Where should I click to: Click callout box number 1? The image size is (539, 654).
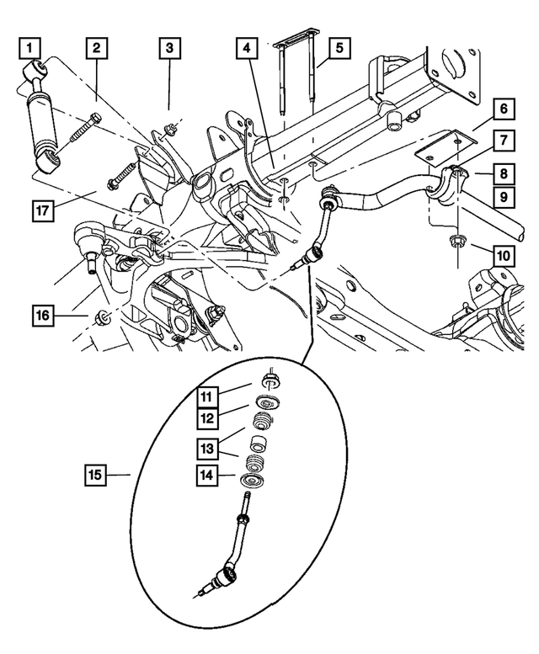tap(31, 44)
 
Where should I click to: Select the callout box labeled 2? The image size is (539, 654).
tap(97, 48)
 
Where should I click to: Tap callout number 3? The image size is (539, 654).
tap(169, 48)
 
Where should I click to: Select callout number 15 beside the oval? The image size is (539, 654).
tap(97, 476)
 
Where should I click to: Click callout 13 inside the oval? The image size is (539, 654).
tap(207, 446)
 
